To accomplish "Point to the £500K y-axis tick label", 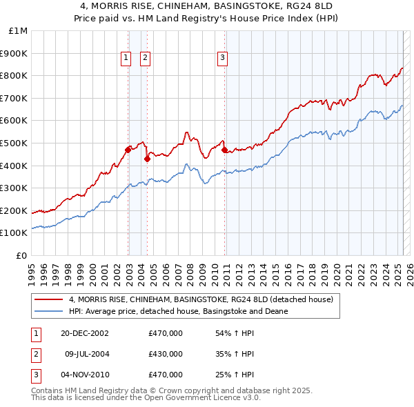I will coord(14,143).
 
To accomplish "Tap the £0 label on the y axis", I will coord(21,255).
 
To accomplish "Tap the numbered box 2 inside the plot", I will coord(146,59).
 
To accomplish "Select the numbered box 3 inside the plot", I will coord(223,59).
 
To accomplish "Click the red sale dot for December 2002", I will coord(128,150).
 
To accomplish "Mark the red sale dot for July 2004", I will coord(147,159).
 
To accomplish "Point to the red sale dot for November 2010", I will coord(224,150).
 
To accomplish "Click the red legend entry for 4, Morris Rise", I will coord(201,299).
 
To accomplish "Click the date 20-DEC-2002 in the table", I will coord(85,333).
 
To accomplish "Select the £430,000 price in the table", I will coord(166,354).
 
